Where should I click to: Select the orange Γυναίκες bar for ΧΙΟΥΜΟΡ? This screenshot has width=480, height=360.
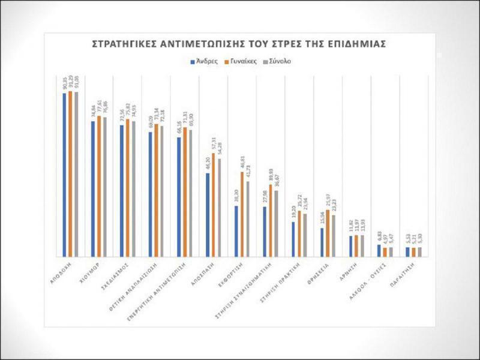pyautogui.click(x=100, y=185)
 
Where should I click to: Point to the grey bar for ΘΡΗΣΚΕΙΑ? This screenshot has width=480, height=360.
pyautogui.click(x=334, y=235)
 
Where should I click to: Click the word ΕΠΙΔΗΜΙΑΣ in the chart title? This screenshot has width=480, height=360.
pyautogui.click(x=354, y=44)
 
